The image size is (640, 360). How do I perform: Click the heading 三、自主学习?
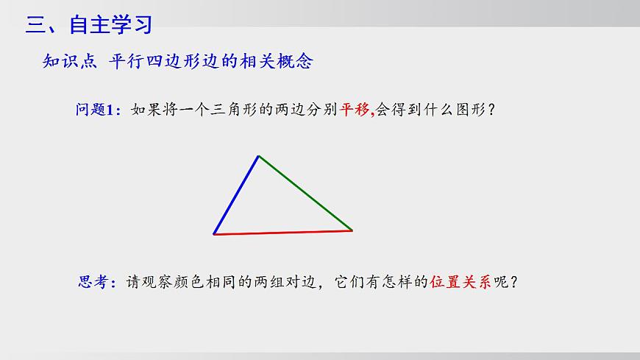click(89, 25)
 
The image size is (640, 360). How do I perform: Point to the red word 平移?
click(355, 111)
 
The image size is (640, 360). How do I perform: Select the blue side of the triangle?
click(235, 195)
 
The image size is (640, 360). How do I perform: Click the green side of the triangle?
click(305, 193)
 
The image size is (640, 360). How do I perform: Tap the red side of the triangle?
click(283, 233)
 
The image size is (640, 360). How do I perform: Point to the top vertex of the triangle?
click(258, 155)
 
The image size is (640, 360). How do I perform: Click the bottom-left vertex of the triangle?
click(214, 234)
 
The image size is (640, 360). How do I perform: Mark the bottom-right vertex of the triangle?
click(352, 230)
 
